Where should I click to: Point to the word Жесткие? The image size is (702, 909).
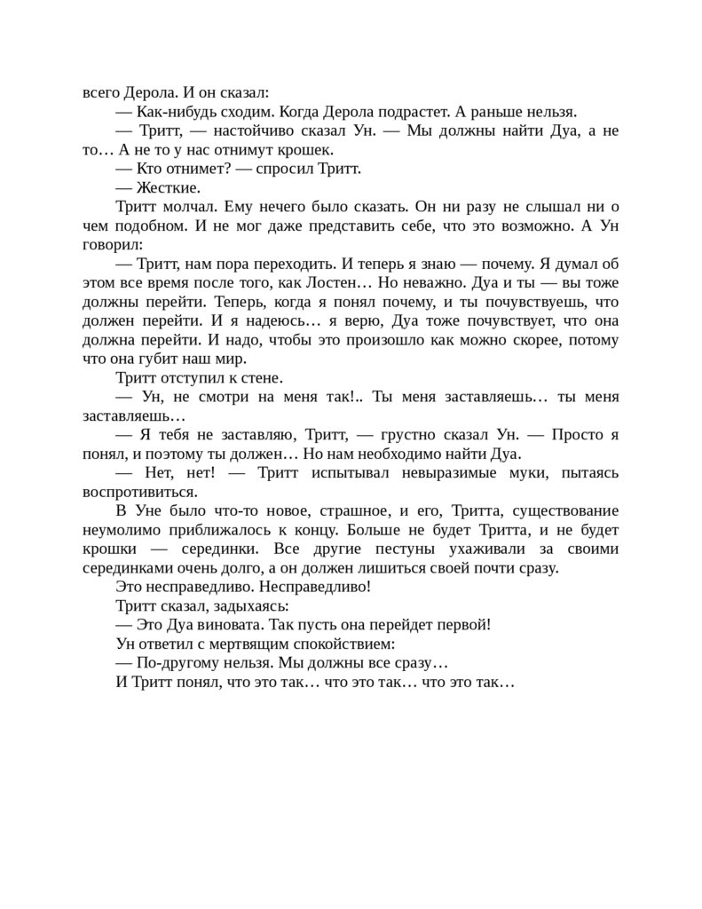pyautogui.click(x=169, y=187)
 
